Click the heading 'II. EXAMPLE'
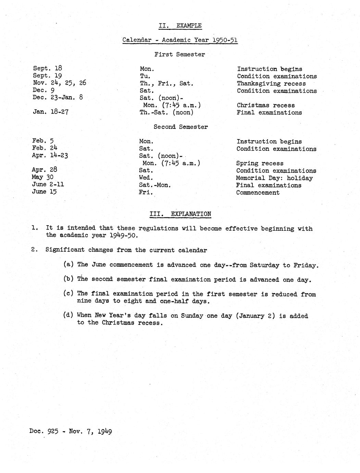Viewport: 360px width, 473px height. [x=180, y=25]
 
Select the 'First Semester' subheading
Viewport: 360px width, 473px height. [x=179, y=54]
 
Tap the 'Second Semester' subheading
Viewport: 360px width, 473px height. [x=181, y=127]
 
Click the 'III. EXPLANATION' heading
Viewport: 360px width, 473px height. [x=180, y=214]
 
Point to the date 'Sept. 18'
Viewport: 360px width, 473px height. [x=47, y=69]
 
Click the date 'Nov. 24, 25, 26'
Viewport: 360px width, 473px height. [x=59, y=83]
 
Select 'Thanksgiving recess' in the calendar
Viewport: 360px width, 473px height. [x=271, y=84]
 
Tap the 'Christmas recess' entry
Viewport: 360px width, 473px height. [x=265, y=105]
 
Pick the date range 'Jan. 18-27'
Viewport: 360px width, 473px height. [x=51, y=112]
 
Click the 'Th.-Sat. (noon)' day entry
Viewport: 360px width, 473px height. [x=166, y=112]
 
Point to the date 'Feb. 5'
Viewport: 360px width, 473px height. [x=43, y=141]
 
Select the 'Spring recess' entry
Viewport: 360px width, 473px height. [x=260, y=163]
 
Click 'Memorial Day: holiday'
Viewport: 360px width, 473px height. [x=274, y=178]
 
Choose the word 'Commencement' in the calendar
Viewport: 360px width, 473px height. [x=258, y=192]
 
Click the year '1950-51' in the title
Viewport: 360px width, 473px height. [x=225, y=40]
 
